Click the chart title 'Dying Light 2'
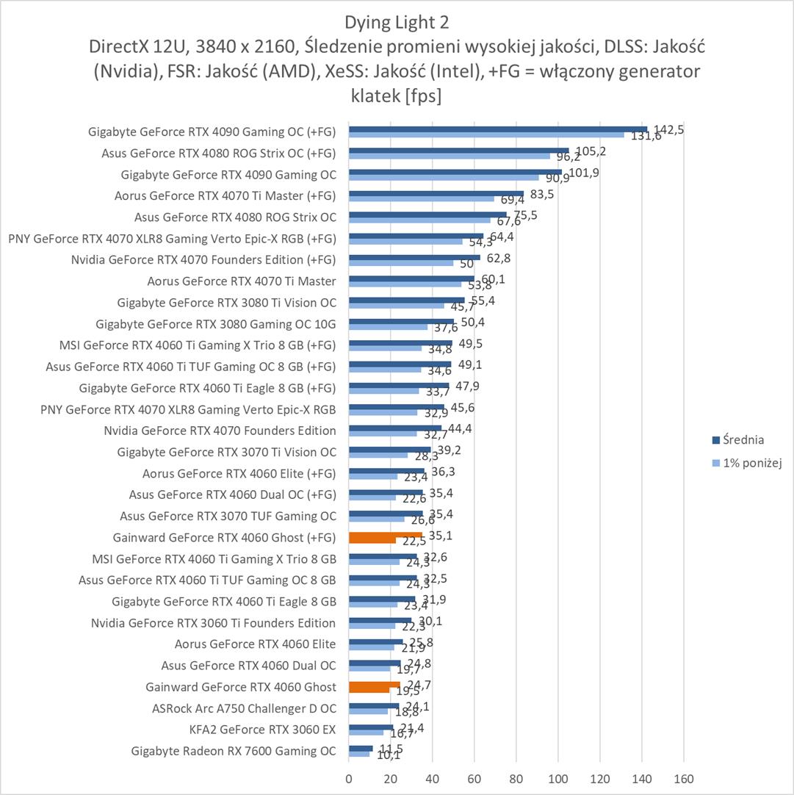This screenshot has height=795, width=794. point(397,20)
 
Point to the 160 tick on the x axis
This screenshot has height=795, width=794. point(684,777)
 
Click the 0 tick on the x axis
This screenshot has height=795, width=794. point(349,777)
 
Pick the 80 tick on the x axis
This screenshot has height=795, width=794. point(516,777)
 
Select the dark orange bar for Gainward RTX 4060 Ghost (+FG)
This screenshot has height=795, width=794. point(386,536)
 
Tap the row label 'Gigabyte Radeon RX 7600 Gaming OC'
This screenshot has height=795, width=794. point(234,751)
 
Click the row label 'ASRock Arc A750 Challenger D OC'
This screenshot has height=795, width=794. point(244,708)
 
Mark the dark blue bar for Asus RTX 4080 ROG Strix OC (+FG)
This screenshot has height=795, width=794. point(458,151)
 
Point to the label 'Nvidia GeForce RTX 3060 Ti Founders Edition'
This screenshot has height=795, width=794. point(214,623)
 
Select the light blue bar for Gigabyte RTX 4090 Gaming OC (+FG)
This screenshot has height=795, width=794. point(486,134)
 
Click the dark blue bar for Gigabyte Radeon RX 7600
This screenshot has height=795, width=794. point(361,748)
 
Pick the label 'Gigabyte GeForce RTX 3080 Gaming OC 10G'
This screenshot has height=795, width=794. point(216,323)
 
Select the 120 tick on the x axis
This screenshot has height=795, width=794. point(600,777)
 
